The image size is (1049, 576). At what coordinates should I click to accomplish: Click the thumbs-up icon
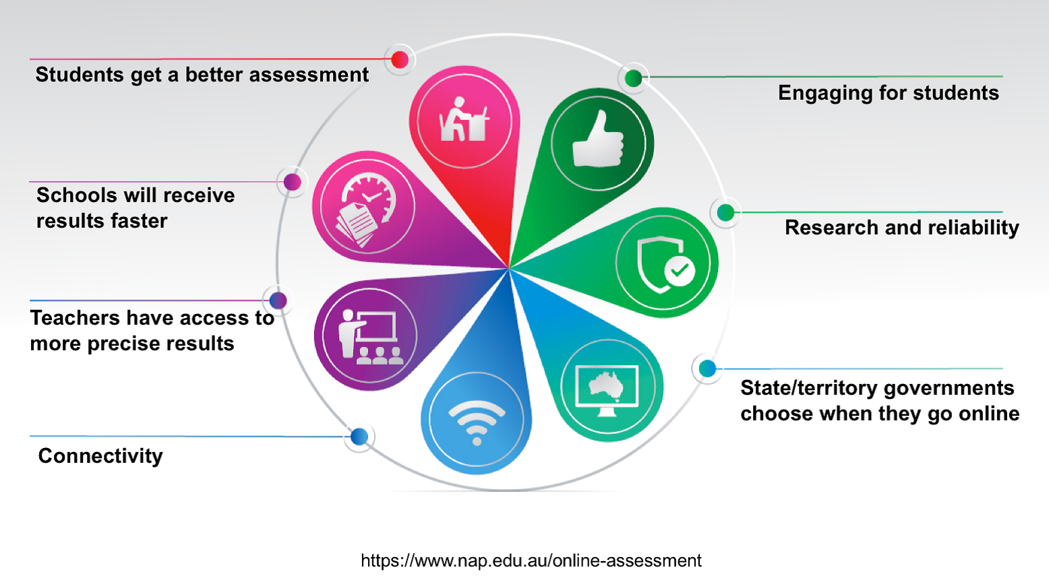click(x=598, y=139)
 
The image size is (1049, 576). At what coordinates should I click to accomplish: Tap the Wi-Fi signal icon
click(x=476, y=422)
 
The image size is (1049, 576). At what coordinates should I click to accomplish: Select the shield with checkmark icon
click(x=665, y=264)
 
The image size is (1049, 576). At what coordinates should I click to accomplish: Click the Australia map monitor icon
click(x=607, y=391)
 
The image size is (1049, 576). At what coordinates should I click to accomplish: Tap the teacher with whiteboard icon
click(x=370, y=336)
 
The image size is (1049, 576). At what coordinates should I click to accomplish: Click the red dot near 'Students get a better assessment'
click(x=400, y=59)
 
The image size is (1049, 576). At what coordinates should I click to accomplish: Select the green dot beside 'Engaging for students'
click(x=633, y=77)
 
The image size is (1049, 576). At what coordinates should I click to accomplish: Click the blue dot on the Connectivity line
click(x=359, y=437)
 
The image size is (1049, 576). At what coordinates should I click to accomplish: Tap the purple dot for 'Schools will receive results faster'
click(x=292, y=181)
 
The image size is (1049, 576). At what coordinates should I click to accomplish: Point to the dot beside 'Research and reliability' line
click(x=725, y=212)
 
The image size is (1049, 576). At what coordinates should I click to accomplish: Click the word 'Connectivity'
click(x=100, y=456)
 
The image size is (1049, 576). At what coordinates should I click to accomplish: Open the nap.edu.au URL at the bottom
click(x=531, y=560)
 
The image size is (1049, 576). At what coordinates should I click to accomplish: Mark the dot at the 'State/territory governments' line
click(x=707, y=369)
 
